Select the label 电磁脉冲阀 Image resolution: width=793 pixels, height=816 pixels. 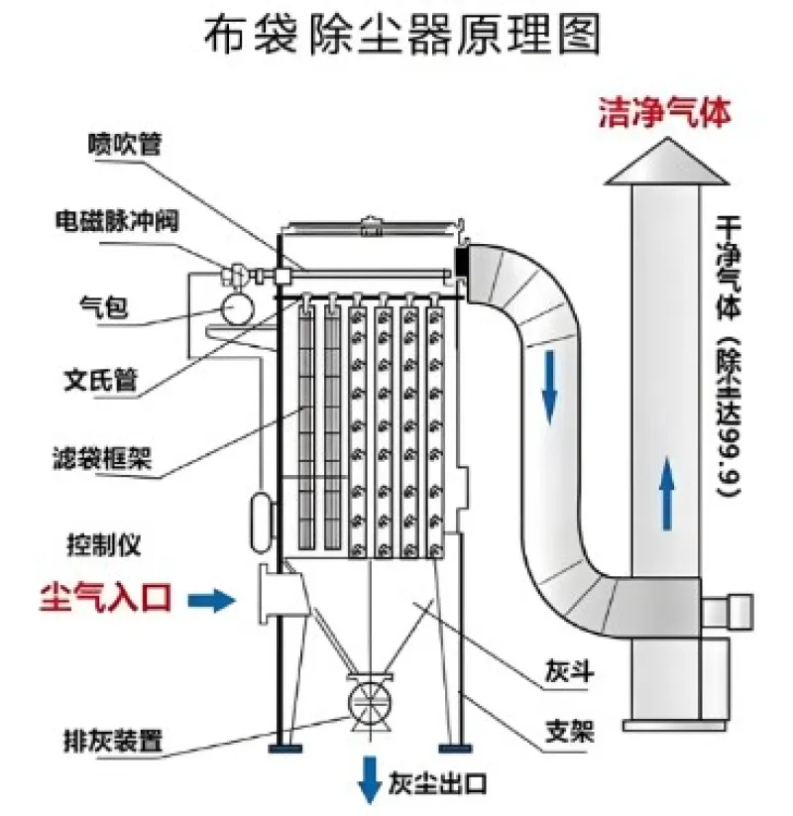[116, 220]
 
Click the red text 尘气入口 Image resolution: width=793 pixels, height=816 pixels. [106, 597]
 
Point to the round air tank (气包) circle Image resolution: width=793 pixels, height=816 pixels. [237, 308]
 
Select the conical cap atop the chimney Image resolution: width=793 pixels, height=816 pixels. [666, 165]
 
